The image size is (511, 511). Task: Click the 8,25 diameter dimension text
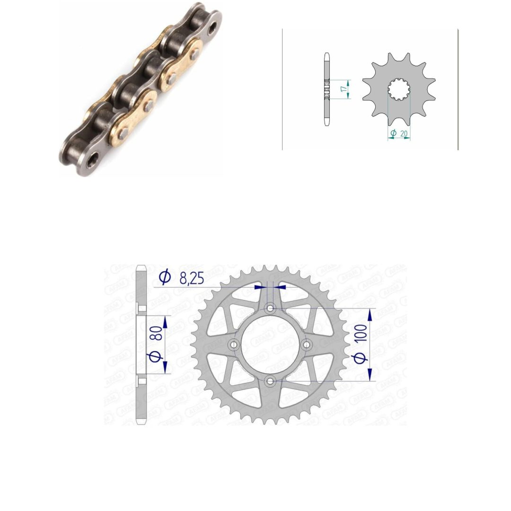point(192,278)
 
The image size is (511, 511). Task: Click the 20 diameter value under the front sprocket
point(404,133)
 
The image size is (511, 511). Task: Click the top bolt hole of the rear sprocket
point(270,308)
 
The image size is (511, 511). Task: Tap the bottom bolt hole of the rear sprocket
point(270,380)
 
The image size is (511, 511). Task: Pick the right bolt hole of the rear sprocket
point(307,344)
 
